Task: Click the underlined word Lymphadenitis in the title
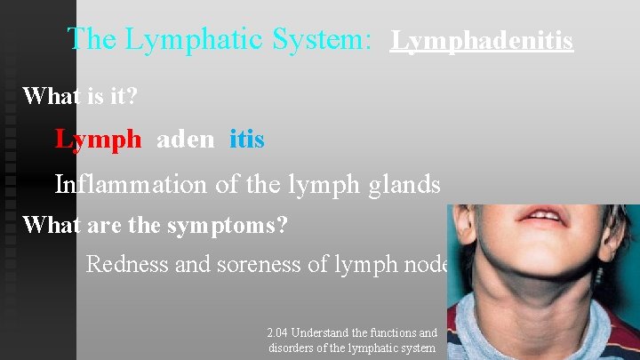pyautogui.click(x=481, y=41)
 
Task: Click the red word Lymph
pyautogui.click(x=98, y=140)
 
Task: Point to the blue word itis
pyautogui.click(x=246, y=140)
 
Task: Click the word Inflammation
pyautogui.click(x=129, y=184)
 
